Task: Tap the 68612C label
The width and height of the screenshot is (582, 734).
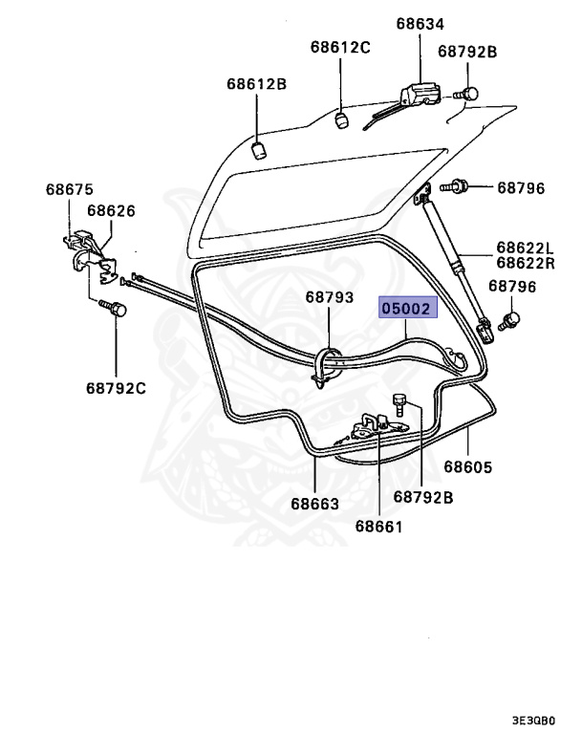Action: [339, 47]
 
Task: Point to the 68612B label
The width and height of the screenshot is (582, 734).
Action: [256, 84]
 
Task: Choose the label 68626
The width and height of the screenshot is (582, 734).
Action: [112, 210]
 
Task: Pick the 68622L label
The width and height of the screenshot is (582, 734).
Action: [526, 248]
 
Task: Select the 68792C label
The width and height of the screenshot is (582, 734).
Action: [116, 388]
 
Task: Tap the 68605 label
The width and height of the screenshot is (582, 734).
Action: [468, 467]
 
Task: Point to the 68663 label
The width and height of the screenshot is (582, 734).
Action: [314, 503]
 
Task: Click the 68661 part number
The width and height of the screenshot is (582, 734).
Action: [378, 526]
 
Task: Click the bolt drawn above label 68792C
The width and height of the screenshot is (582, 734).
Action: [116, 309]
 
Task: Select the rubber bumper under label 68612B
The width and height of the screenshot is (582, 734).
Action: [257, 149]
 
